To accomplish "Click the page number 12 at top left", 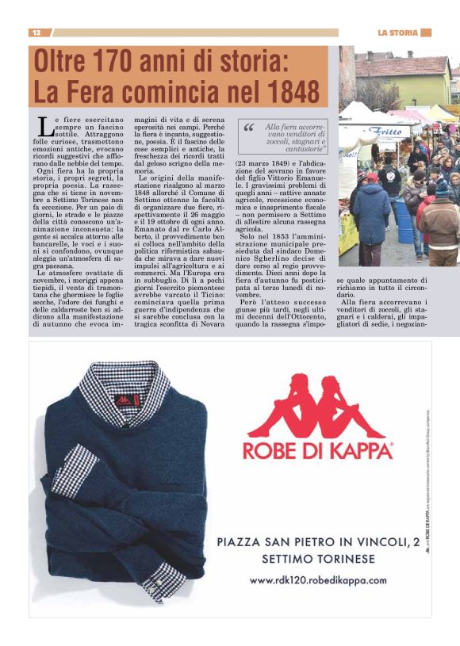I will (x=36, y=32).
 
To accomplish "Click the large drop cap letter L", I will (x=46, y=124).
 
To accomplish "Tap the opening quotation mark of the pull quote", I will (x=248, y=127).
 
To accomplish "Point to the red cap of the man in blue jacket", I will (x=372, y=178).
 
